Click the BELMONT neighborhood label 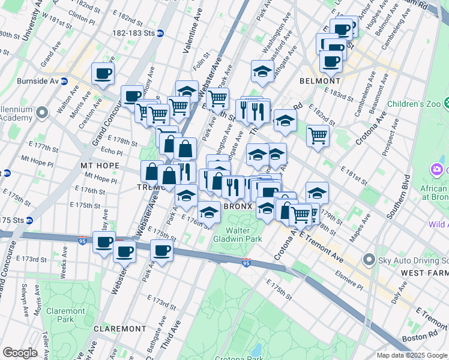320,80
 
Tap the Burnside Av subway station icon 64,81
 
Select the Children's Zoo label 414,104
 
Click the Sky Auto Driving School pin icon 369,260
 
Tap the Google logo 20,352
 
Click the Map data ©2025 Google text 412,355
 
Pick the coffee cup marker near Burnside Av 103,74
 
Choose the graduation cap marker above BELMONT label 262,72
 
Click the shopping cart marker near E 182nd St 318,135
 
